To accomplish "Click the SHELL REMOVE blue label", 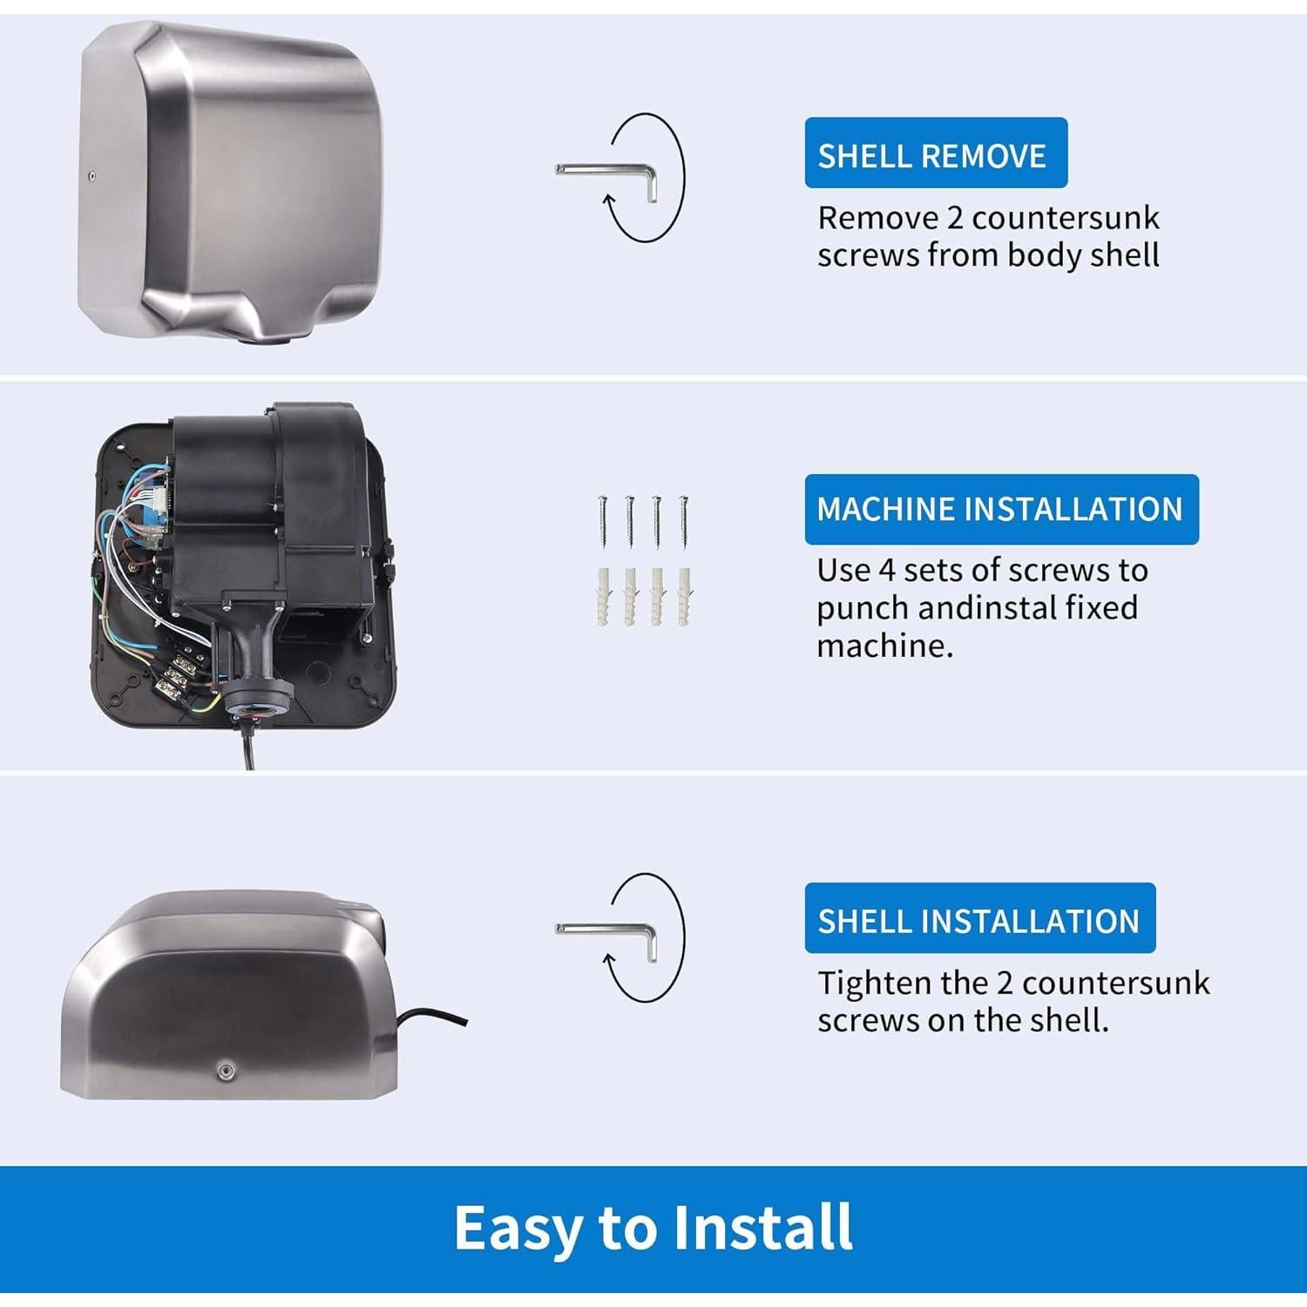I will click(x=935, y=153).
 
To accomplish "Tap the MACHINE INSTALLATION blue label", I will click(x=1000, y=509).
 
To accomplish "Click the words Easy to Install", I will click(x=653, y=1228).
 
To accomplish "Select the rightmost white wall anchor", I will click(x=685, y=595).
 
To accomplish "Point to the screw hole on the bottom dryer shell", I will click(x=227, y=1068).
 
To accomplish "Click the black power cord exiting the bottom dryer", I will click(x=431, y=1016).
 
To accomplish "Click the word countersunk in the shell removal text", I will click(x=1065, y=218).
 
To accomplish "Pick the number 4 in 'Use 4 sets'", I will click(x=886, y=571).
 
